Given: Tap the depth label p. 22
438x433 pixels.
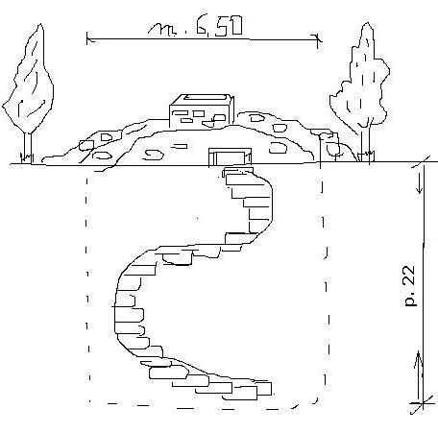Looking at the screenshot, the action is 410,286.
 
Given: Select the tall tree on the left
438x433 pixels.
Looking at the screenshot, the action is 28,93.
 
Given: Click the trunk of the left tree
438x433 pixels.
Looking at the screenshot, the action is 28,148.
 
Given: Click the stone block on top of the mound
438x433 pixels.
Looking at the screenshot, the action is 202,110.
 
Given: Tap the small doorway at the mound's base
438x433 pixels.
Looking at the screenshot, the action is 230,156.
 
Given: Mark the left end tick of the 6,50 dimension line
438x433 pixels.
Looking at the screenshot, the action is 87,39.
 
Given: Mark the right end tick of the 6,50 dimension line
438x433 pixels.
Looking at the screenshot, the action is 318,40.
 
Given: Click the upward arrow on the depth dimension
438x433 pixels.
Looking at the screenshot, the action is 419,368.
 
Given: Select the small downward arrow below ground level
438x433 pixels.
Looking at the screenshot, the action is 420,185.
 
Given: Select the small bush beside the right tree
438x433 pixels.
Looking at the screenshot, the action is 334,149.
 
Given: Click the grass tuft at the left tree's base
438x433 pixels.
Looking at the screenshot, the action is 27,157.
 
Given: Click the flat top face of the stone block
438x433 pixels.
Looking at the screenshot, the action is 205,98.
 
